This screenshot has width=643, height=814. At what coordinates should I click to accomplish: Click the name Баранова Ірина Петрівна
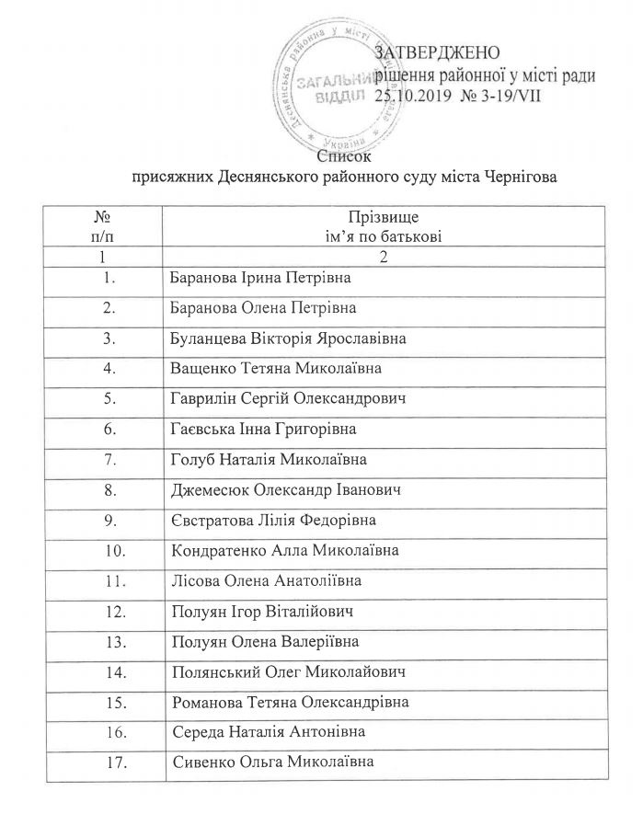[x=262, y=277]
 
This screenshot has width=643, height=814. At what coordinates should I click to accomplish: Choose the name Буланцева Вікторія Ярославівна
[x=289, y=338]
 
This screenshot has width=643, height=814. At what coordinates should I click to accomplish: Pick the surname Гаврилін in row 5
[x=207, y=398]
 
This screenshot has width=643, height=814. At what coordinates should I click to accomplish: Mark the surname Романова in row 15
[x=209, y=703]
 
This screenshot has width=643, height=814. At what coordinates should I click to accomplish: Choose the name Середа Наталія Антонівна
[x=264, y=733]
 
